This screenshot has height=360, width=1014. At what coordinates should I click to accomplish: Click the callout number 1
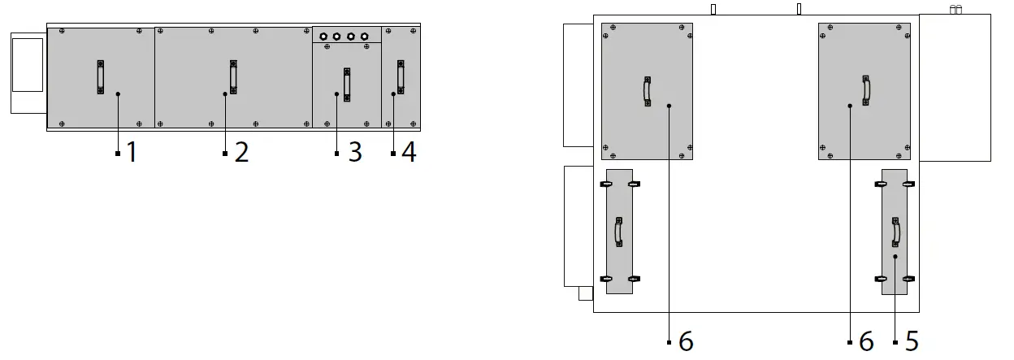132,153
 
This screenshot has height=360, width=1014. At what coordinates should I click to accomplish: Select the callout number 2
241,153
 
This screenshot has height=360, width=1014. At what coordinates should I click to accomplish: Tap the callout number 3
354,153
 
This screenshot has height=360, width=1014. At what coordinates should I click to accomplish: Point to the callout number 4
409,153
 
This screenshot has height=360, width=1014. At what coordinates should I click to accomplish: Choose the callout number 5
912,342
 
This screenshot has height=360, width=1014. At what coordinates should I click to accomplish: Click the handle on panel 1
101,77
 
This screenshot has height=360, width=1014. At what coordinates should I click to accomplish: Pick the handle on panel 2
233,77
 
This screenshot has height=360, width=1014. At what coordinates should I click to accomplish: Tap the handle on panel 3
347,84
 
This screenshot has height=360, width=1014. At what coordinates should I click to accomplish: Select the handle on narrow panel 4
401,77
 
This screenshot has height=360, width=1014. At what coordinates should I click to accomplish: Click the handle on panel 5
895,232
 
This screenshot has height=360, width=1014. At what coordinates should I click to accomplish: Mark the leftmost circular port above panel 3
323,37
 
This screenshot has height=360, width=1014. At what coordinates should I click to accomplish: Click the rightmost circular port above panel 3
364,37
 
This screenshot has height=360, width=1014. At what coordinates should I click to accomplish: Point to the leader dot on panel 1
118,94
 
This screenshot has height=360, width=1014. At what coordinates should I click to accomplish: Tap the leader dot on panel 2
225,94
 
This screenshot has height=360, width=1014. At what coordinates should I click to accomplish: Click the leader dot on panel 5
895,257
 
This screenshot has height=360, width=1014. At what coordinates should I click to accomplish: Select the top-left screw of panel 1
62,32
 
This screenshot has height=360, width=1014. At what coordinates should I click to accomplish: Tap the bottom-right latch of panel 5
908,279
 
